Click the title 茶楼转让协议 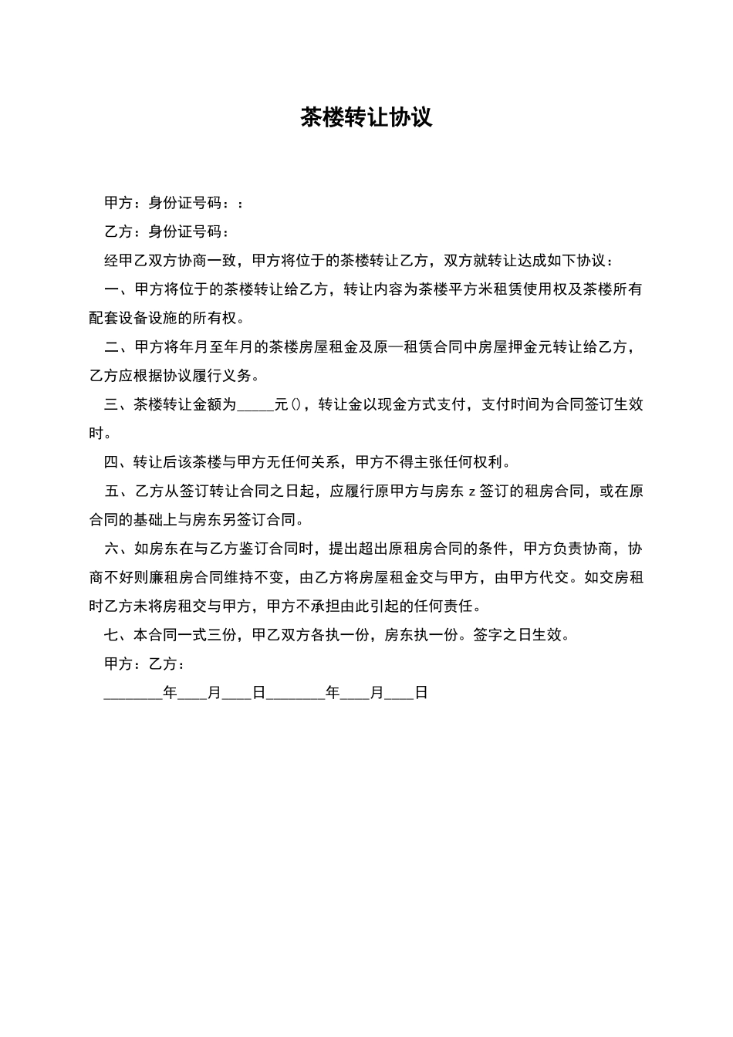366,118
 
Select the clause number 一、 116,289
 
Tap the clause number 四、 116,462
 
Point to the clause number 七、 116,635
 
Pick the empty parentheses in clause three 298,404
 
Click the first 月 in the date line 214,693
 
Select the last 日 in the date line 421,693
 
